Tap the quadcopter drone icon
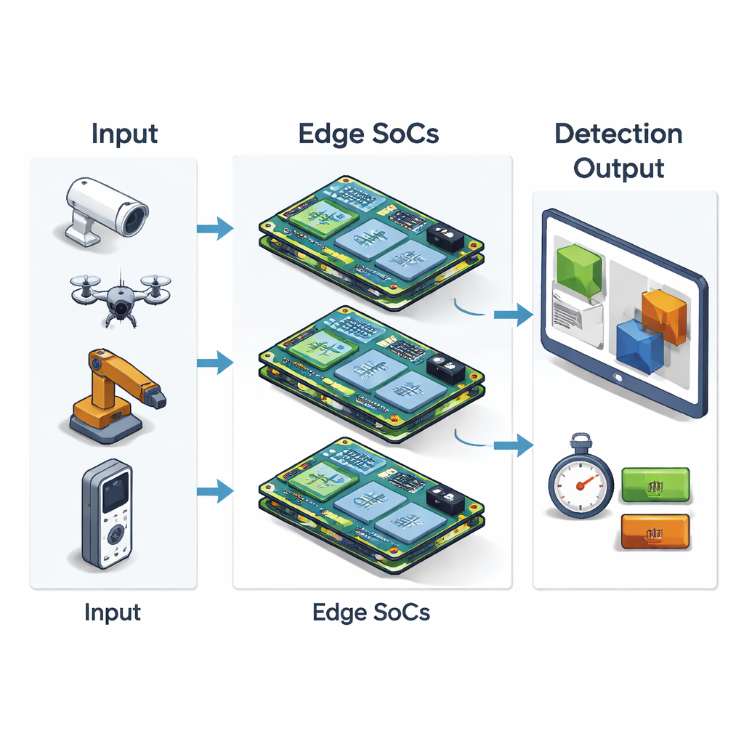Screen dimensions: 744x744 (120, 294)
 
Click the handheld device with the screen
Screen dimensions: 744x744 (107, 514)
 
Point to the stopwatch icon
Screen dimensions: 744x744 (580, 481)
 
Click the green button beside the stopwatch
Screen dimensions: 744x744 (655, 485)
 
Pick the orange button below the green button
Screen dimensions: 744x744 (655, 531)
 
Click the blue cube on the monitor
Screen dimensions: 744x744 (639, 347)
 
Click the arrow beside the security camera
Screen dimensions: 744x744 (215, 230)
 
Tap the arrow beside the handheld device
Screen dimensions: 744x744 (215, 492)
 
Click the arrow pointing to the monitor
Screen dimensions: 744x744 (513, 315)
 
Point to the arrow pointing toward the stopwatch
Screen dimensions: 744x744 (513, 444)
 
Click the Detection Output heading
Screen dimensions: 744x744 (618, 151)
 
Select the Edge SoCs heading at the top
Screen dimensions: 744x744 (368, 134)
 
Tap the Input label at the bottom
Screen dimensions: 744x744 (113, 612)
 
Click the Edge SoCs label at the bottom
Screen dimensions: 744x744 (371, 612)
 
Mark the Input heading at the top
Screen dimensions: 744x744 (124, 134)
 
